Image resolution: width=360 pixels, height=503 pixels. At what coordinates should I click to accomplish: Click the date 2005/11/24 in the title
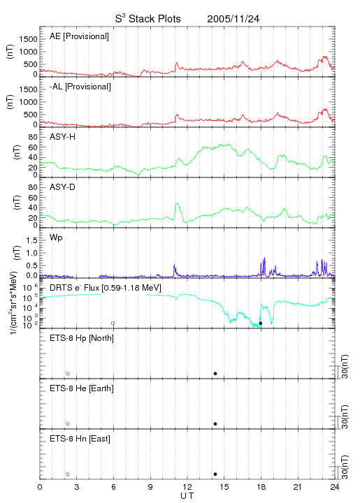(x=233, y=19)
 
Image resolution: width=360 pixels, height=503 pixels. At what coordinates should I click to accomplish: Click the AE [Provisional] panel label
(x=79, y=36)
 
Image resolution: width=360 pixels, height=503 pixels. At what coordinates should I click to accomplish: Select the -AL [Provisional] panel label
(x=80, y=87)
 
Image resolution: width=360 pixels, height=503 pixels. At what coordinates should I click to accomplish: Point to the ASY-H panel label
(x=63, y=137)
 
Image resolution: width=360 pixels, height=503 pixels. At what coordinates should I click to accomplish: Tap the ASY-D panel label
(x=63, y=187)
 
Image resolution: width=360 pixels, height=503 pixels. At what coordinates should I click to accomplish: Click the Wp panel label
(x=56, y=238)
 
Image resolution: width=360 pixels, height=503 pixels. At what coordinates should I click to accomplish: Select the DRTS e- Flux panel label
(x=106, y=288)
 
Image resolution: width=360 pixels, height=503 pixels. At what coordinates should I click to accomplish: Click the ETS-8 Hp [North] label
(x=82, y=338)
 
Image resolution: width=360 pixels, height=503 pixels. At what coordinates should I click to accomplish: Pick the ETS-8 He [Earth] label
(x=82, y=388)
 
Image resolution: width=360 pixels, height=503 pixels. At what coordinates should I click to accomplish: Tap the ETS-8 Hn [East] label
(x=80, y=439)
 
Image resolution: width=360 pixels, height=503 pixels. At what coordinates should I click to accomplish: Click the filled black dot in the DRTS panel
(x=261, y=323)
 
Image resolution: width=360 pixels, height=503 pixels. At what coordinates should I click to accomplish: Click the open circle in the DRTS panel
(x=113, y=323)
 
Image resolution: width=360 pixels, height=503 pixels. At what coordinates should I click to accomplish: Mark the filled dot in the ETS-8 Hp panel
(x=215, y=373)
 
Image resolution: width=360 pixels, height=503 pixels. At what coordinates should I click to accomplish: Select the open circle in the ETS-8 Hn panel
(x=68, y=474)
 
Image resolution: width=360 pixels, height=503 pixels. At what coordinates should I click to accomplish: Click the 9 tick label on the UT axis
(x=150, y=487)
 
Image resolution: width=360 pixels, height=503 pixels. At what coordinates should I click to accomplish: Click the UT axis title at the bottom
(x=187, y=496)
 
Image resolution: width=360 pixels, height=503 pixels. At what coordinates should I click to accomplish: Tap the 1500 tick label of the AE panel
(x=28, y=39)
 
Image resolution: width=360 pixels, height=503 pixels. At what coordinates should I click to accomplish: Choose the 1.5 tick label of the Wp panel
(x=31, y=240)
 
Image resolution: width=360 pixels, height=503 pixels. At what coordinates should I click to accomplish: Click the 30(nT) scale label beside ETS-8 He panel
(x=345, y=416)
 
